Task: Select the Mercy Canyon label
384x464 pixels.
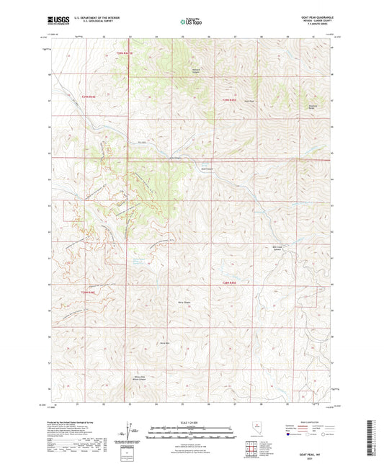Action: [x=183, y=301]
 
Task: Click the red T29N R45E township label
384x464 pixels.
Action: [x=229, y=99]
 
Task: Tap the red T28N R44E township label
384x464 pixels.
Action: [x=88, y=292]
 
